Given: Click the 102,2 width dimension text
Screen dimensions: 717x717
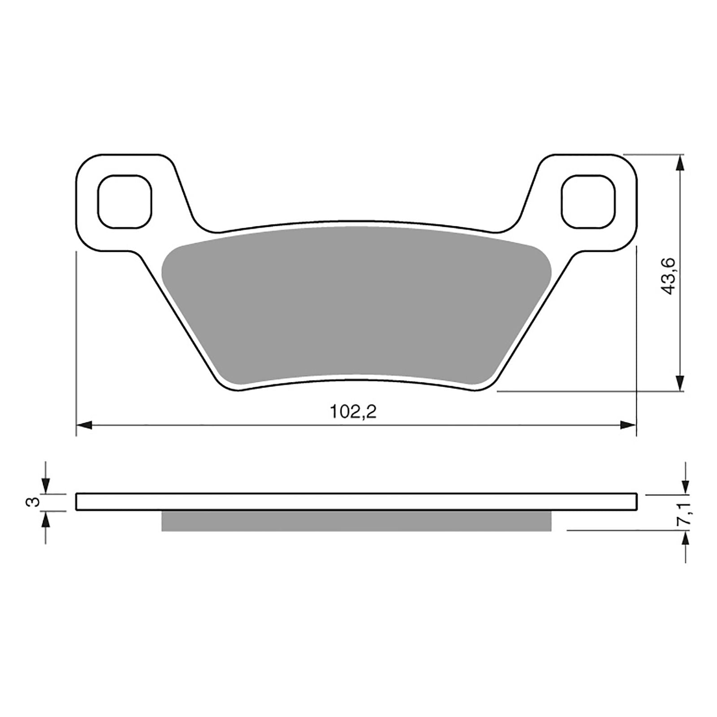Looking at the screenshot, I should click(353, 411).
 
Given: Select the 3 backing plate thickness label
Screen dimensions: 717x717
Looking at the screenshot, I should click(32, 501).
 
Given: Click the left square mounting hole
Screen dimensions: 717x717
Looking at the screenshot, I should click(125, 201).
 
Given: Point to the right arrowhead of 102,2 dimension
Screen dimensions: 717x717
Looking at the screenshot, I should click(628, 425).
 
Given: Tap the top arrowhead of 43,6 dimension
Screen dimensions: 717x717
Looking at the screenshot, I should click(680, 163).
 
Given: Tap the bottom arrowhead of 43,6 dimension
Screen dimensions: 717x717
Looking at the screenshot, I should click(680, 384).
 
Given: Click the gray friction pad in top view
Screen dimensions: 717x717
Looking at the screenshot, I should click(354, 305).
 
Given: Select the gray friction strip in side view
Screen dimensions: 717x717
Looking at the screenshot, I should click(356, 521).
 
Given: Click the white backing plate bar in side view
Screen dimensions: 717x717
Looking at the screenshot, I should click(356, 501).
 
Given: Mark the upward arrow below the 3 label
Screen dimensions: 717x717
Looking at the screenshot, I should click(46, 520).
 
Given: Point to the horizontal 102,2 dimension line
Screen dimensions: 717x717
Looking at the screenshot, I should click(269, 425).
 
